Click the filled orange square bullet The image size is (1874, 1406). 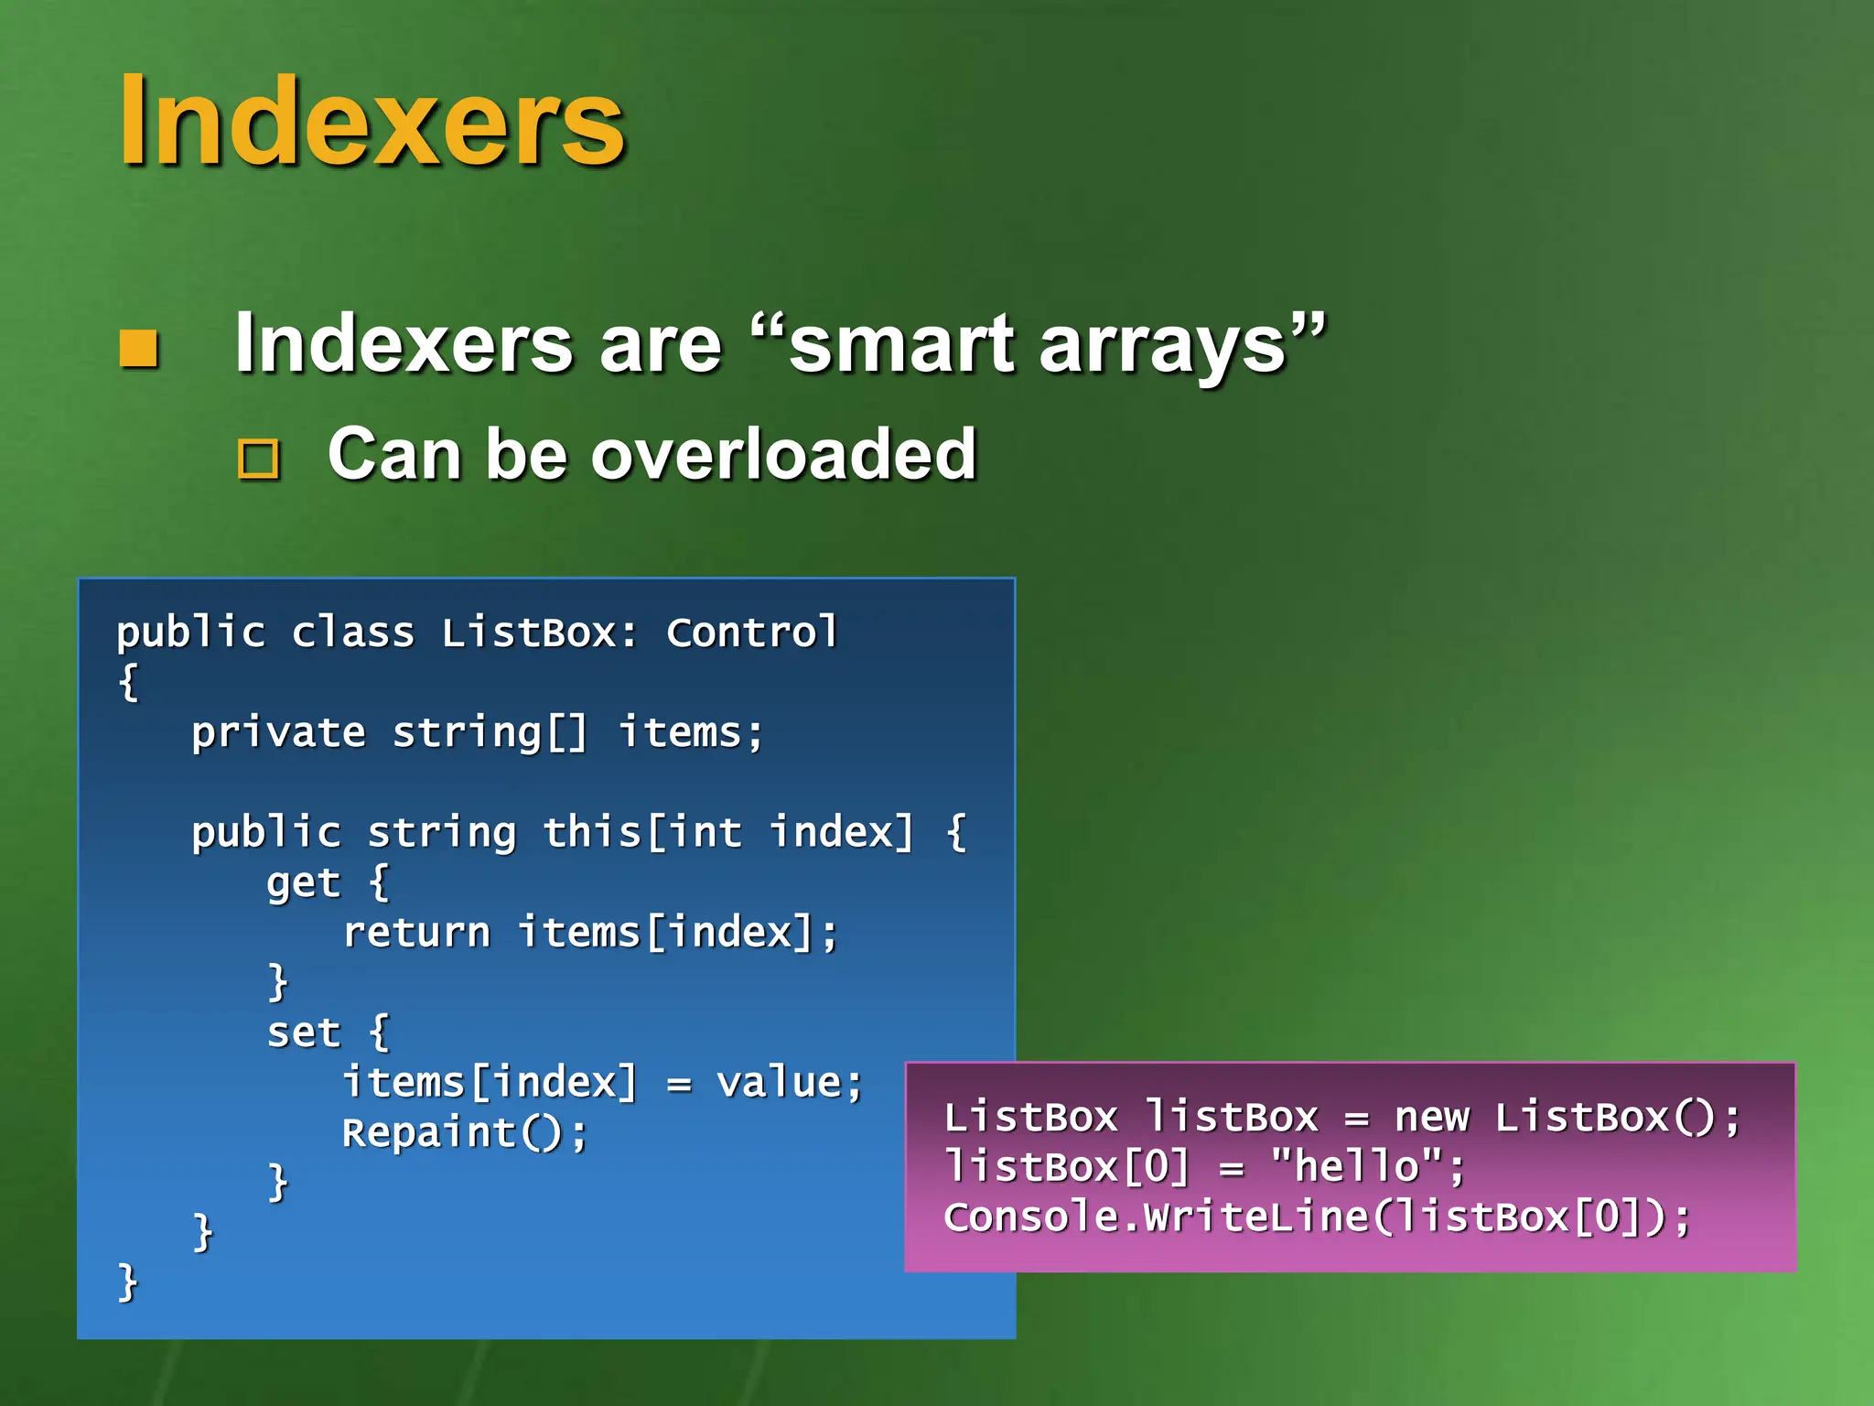tap(139, 348)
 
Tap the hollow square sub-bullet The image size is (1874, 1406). tap(259, 460)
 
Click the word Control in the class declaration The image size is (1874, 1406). tap(751, 633)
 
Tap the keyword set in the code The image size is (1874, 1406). tap(303, 1033)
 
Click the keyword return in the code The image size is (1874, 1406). tap(416, 933)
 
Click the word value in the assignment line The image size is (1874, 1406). tap(779, 1083)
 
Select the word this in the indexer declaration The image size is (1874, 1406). tap(591, 833)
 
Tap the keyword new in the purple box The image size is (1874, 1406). tap(1431, 1118)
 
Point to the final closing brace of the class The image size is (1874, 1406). tap(127, 1282)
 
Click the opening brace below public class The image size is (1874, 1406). tap(128, 682)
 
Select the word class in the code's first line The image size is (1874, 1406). tap(352, 633)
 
